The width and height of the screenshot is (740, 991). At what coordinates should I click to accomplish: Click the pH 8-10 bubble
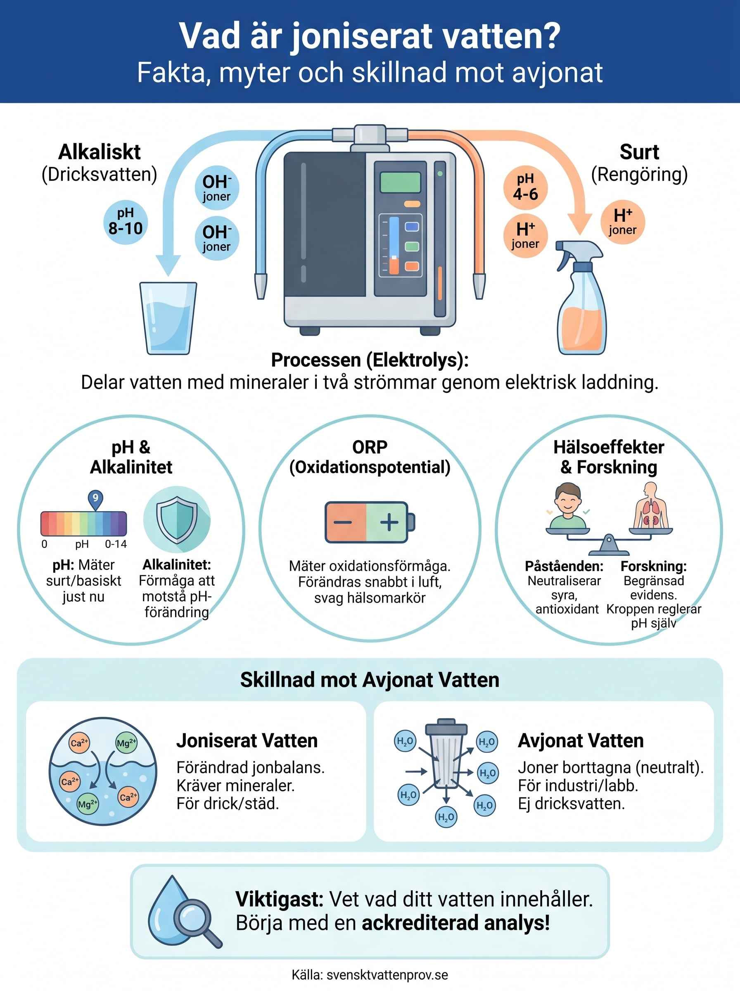[x=126, y=222]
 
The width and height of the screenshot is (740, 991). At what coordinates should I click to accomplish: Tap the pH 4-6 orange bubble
[x=525, y=187]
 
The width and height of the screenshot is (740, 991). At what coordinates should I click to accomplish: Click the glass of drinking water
[x=168, y=318]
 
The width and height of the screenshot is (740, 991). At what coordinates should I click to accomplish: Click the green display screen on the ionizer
[x=401, y=183]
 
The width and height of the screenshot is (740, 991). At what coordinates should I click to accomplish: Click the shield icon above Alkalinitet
[x=177, y=519]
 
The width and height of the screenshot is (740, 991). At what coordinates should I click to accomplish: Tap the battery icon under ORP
[x=370, y=522]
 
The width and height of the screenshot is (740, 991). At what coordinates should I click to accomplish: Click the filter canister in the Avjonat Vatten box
[x=446, y=754]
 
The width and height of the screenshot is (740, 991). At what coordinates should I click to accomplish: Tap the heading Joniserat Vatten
[x=247, y=741]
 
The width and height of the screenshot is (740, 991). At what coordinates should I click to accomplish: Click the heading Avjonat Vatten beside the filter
[x=581, y=741]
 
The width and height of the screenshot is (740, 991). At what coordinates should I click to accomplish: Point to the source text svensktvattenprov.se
[x=387, y=975]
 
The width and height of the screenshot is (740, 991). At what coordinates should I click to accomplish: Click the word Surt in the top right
[x=639, y=152]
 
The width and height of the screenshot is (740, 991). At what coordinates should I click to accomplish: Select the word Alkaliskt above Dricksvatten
[x=100, y=152]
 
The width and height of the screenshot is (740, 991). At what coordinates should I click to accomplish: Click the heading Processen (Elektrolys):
[x=370, y=360]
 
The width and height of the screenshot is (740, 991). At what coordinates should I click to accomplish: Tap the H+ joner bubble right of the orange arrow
[x=623, y=222]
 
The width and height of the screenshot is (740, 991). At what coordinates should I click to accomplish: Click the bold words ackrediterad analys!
[x=455, y=923]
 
